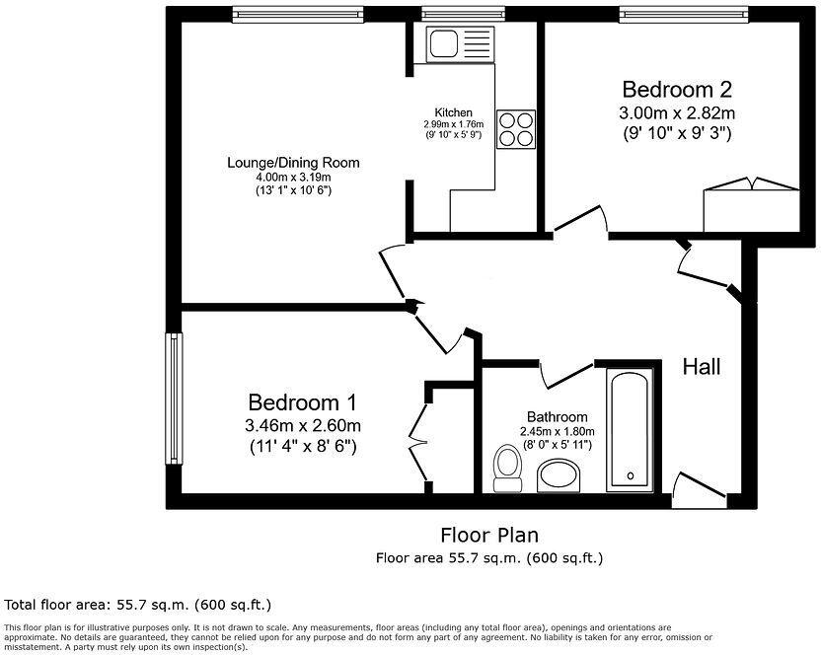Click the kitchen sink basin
coord(443,43)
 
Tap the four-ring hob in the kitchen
coord(516,129)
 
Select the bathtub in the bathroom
coord(630,430)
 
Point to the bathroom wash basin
coord(559,475)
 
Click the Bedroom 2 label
coord(677,90)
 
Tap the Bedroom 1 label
coord(302,402)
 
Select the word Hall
coord(702,367)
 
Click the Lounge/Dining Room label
coord(293,163)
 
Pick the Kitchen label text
coord(454,112)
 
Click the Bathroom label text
coord(558,417)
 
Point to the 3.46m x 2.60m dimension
coord(303,425)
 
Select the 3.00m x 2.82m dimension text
coord(677,112)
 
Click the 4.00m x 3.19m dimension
coord(293,178)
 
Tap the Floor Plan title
coord(489,536)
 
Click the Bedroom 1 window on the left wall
coord(174,399)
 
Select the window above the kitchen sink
coord(464,15)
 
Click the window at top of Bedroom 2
coord(683,15)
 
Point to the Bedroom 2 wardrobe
coord(751,205)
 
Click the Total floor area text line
coord(138,606)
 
